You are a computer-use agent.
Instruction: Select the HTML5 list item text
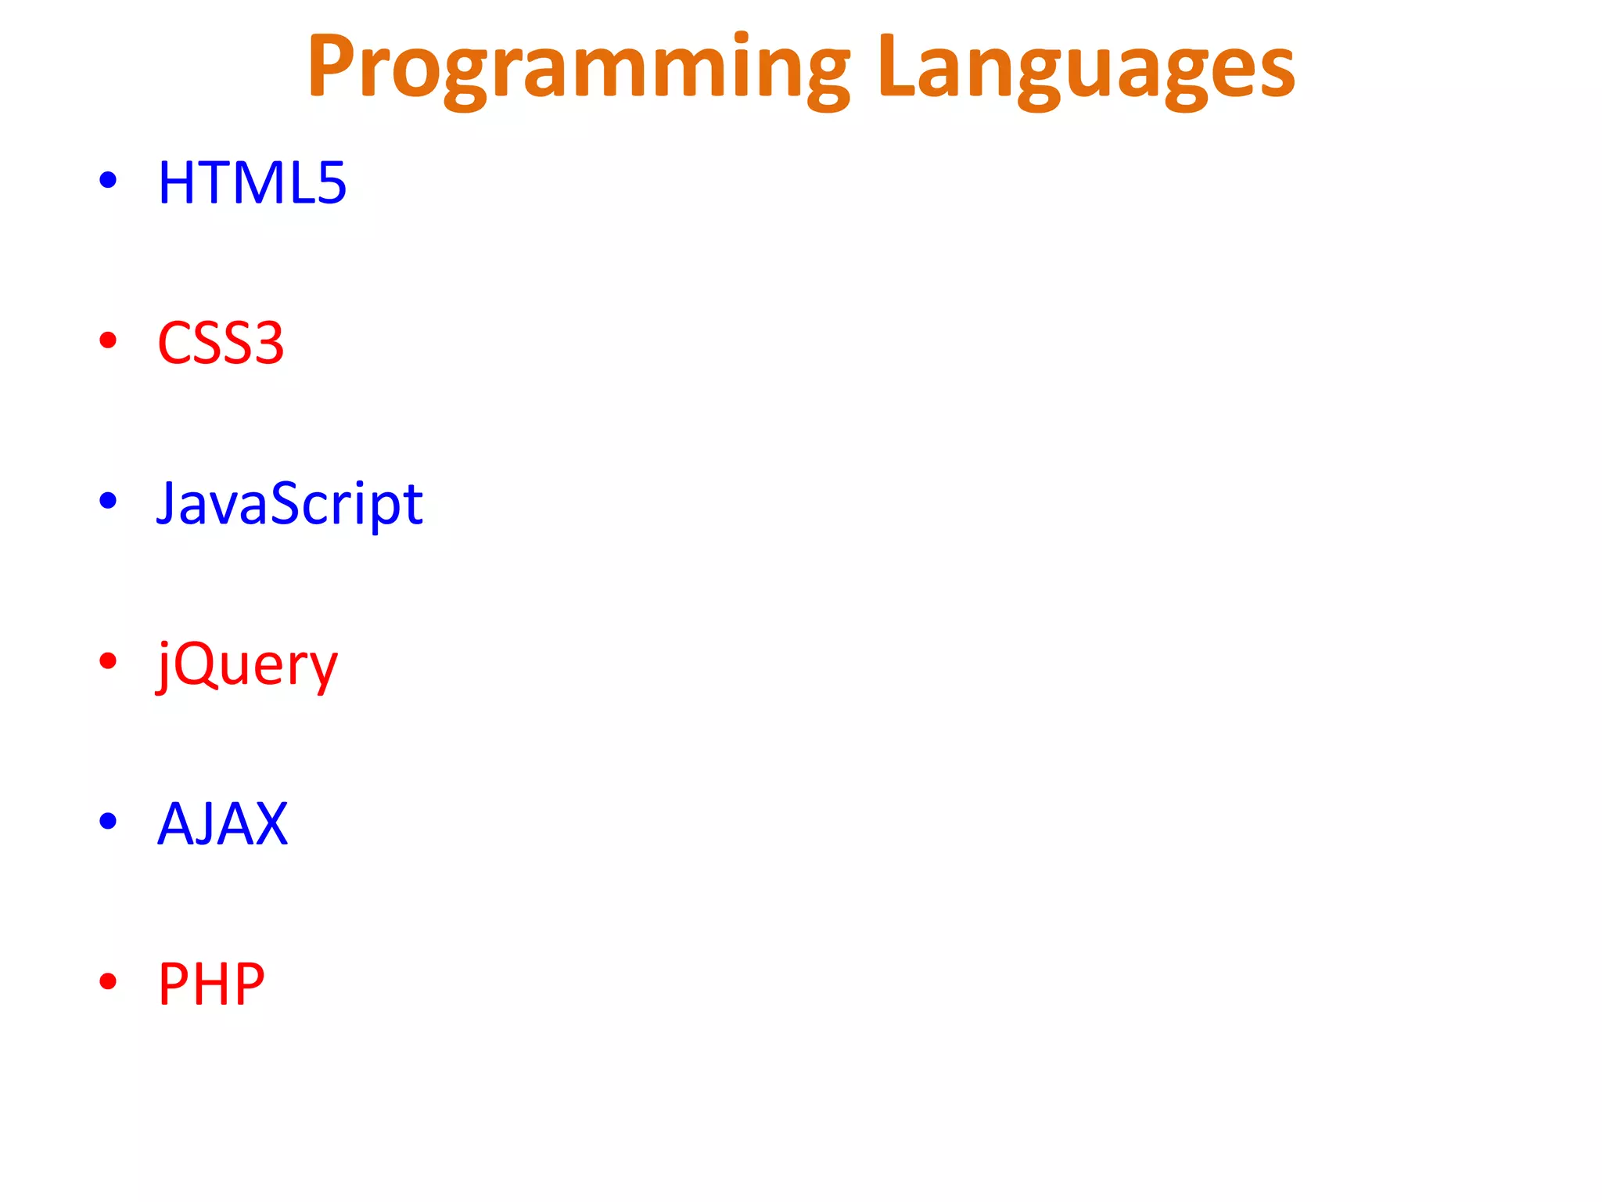252,183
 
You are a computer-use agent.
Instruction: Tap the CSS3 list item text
221,344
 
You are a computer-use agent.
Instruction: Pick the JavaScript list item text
289,503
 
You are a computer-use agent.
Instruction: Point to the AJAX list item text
223,824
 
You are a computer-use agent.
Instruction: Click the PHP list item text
211,984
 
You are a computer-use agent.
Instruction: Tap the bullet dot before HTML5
108,180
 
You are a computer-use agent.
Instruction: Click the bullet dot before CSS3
108,340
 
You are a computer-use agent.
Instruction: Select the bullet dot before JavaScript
108,500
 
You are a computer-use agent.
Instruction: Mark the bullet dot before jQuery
108,660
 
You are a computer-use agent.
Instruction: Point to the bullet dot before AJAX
108,821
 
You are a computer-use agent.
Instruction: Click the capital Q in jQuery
195,664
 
